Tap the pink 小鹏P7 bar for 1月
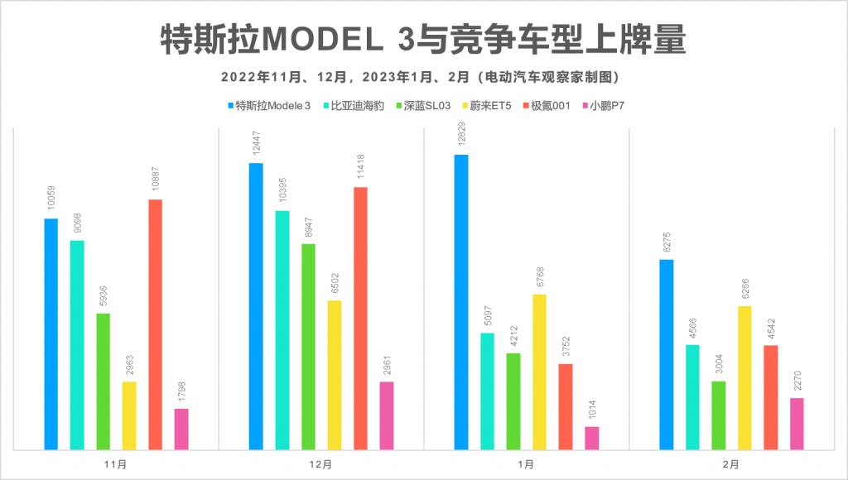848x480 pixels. (591, 438)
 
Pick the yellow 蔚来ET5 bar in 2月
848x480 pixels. (744, 377)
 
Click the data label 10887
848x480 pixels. (155, 180)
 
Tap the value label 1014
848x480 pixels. (591, 408)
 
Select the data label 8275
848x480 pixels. (667, 242)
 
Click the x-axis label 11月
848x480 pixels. (117, 464)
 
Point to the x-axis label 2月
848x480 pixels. (731, 464)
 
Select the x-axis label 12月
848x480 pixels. (321, 464)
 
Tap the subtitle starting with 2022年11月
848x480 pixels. (422, 77)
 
